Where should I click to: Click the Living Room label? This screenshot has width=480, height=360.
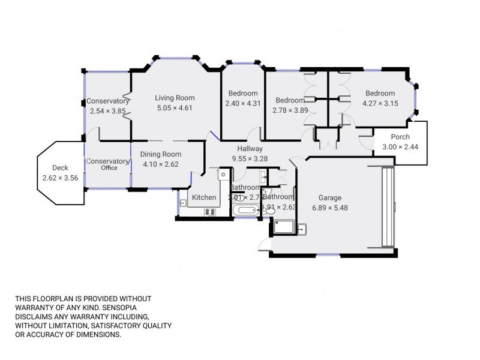click(x=175, y=98)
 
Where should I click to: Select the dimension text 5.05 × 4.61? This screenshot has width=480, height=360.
click(x=175, y=108)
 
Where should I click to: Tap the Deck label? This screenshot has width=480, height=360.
click(x=60, y=168)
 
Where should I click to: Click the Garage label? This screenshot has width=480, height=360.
click(x=330, y=198)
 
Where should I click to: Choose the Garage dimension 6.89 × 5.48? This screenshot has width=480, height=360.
click(x=330, y=208)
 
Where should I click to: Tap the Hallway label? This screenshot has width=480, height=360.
click(x=250, y=149)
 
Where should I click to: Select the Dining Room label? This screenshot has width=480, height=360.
click(x=161, y=154)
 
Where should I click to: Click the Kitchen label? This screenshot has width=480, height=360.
click(x=204, y=197)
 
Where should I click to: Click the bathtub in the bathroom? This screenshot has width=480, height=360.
click(x=245, y=211)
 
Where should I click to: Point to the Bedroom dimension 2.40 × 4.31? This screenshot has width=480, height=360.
click(x=243, y=103)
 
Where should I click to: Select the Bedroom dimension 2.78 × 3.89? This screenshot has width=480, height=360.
click(x=290, y=110)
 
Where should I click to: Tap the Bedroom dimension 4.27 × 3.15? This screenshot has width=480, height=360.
click(x=380, y=103)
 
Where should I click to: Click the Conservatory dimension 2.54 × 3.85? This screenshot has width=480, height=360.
click(x=108, y=111)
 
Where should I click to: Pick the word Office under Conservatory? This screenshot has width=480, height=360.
click(x=109, y=168)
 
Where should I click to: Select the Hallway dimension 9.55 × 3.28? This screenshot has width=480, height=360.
click(x=250, y=159)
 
